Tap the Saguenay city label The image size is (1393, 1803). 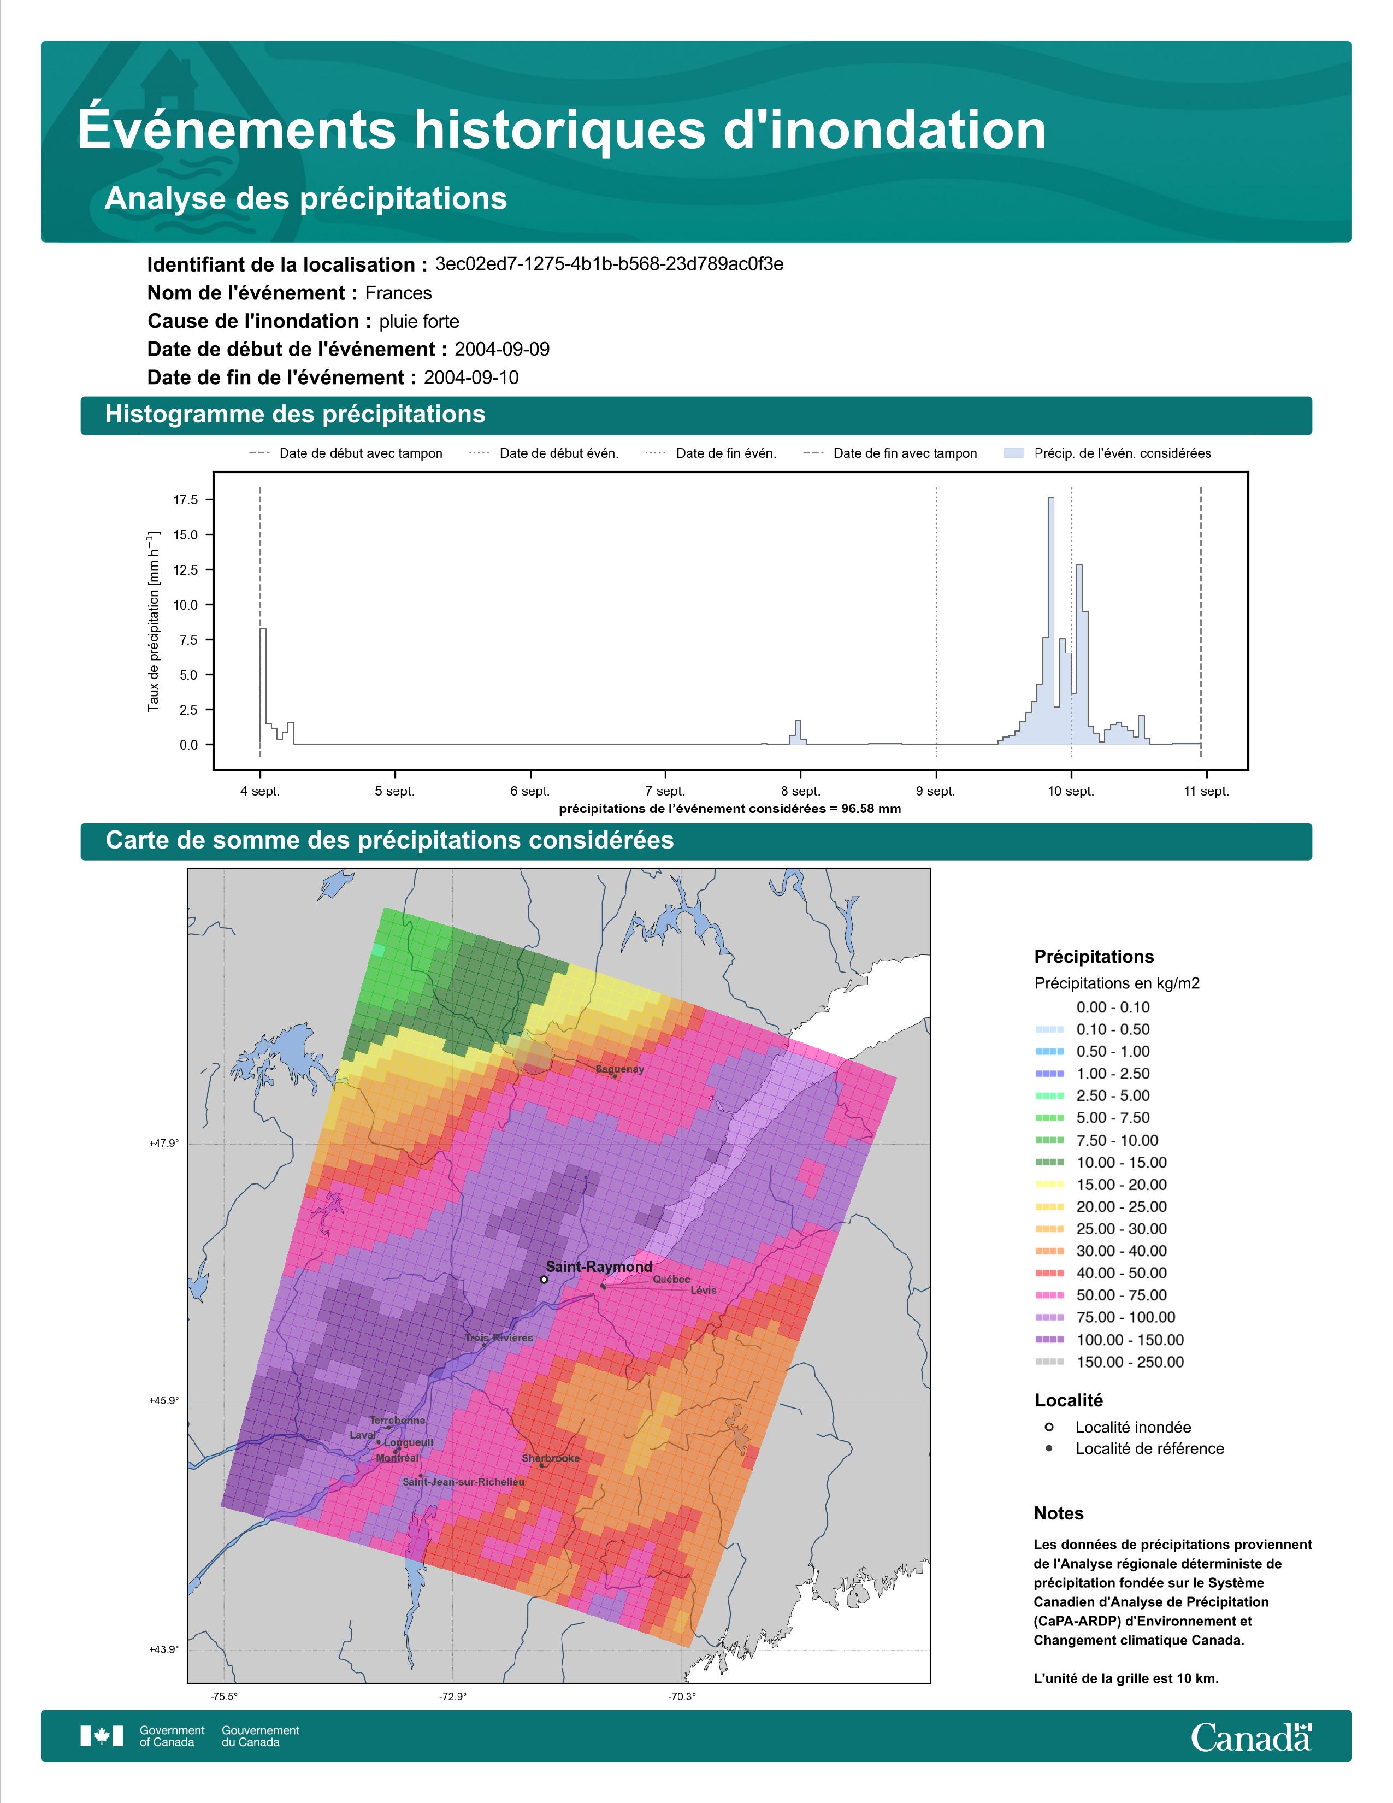pos(620,1069)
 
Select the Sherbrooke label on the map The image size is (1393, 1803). pos(551,1459)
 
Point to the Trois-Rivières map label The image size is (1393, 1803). pos(498,1337)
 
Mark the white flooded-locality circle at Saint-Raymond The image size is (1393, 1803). pos(544,1280)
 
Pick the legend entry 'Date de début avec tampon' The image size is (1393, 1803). pos(346,453)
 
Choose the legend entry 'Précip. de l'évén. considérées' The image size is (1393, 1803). pos(1107,453)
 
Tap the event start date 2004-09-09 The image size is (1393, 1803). pos(501,349)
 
